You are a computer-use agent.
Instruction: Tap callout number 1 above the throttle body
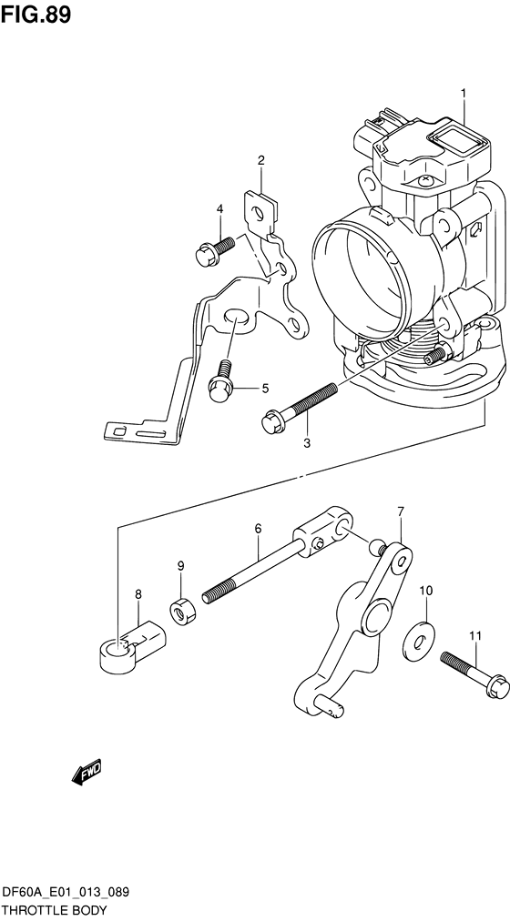[x=463, y=94]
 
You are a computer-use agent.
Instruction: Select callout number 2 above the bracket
[x=260, y=161]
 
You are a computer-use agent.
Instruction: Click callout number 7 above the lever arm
[x=399, y=511]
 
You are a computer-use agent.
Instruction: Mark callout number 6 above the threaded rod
[x=258, y=528]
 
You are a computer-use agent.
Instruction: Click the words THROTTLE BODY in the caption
[x=55, y=910]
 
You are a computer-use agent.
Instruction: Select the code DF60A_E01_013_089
[x=65, y=894]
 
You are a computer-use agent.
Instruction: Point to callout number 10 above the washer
[x=425, y=592]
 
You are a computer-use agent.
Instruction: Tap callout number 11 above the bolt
[x=474, y=635]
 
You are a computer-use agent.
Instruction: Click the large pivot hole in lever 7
[x=374, y=621]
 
